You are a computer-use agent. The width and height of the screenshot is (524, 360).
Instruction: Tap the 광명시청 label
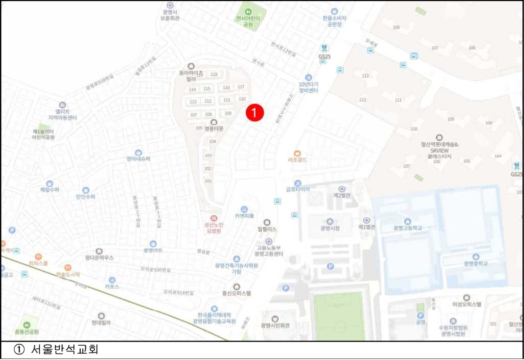pyautogui.click(x=330, y=228)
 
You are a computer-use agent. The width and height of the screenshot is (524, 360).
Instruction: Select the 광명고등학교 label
pyautogui.click(x=407, y=228)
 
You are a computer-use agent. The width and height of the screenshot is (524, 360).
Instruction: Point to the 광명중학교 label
pyautogui.click(x=475, y=263)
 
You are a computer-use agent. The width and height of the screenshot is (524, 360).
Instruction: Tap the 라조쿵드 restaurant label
pyautogui.click(x=297, y=160)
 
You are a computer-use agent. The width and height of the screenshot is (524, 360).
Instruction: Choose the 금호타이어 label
pyautogui.click(x=298, y=189)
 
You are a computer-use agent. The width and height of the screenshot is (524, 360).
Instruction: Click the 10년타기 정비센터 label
pyautogui.click(x=308, y=87)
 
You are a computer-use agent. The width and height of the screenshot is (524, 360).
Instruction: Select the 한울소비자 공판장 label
pyautogui.click(x=334, y=20)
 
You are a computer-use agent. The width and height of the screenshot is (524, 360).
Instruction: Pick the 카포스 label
pyautogui.click(x=112, y=287)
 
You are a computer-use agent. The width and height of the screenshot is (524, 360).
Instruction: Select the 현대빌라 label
pyautogui.click(x=101, y=323)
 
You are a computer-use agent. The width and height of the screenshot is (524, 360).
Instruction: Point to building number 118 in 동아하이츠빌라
pyautogui.click(x=214, y=74)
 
